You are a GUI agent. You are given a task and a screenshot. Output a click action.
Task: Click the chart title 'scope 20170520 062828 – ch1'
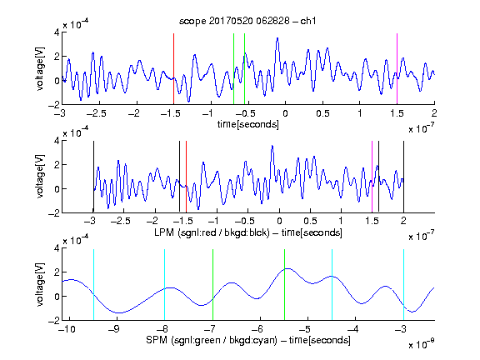(247, 21)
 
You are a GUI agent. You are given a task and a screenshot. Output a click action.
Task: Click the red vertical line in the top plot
(174, 69)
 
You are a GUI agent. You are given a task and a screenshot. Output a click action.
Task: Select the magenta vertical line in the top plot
(397, 69)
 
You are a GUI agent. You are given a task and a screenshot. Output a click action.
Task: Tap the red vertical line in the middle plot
(186, 177)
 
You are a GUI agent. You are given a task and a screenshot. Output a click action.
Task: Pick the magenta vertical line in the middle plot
(372, 177)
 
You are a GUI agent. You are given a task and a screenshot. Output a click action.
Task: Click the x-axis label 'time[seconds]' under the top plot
(248, 124)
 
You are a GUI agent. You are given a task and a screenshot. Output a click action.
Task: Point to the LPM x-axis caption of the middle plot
(248, 232)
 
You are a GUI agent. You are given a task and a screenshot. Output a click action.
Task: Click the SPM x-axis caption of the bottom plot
(248, 340)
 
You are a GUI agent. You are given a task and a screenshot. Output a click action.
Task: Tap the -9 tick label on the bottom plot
(116, 329)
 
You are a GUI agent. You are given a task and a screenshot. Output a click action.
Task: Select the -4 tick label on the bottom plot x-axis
(354, 329)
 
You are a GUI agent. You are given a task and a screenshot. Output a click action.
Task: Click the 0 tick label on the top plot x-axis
(285, 113)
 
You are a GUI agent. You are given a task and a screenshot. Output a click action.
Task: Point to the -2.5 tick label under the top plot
(96, 113)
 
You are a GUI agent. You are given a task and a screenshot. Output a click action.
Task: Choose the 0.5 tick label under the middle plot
(310, 221)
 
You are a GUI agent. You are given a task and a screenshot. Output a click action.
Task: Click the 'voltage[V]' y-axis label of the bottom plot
(40, 284)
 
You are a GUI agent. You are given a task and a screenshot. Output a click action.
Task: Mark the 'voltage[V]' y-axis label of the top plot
(40, 68)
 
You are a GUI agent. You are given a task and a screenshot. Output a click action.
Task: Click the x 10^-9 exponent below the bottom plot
(421, 344)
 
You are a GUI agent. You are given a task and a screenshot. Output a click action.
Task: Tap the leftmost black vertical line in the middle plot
(93, 177)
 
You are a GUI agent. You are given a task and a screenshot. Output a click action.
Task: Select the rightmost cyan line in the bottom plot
(404, 285)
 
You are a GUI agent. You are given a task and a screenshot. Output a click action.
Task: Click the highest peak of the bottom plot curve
(287, 269)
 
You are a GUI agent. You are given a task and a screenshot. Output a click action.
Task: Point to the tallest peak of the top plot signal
(277, 38)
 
